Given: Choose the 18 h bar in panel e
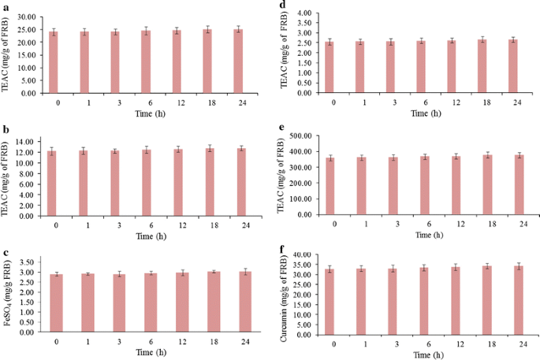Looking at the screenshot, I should point(489,184).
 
